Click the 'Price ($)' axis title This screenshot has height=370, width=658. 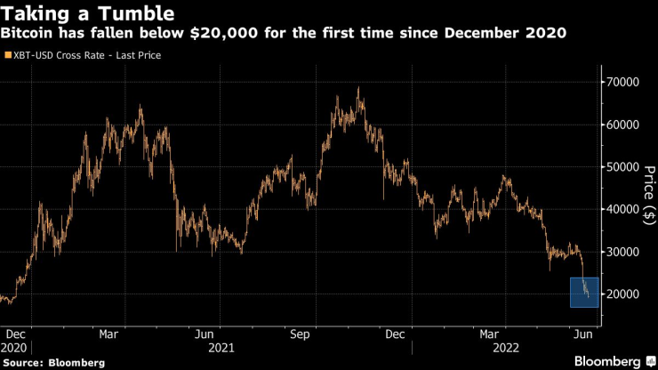[x=647, y=189]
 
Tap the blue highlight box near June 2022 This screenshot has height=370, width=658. [x=584, y=293]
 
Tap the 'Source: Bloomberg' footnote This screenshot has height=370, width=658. [x=53, y=362]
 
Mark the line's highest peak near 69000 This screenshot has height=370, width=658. [x=357, y=88]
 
